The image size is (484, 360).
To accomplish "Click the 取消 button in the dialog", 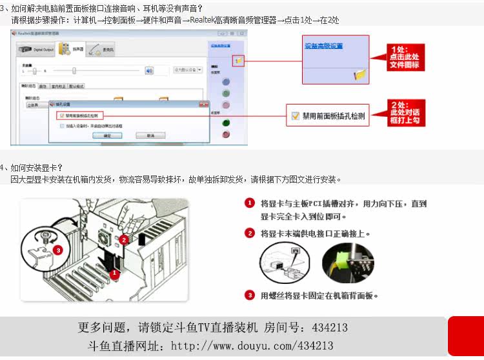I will coord(150,135).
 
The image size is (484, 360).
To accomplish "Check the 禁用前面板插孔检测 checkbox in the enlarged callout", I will coord(296,116).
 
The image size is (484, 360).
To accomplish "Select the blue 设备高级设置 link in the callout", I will coord(323,46).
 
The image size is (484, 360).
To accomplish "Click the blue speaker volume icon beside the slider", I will coord(149,70).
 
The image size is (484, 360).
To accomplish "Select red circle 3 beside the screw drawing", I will coord(58,250).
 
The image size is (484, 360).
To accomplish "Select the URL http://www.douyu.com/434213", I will coord(252,346).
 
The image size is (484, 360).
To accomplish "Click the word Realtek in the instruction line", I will coord(201,20).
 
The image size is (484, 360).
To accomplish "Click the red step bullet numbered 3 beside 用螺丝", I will coord(250,295).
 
